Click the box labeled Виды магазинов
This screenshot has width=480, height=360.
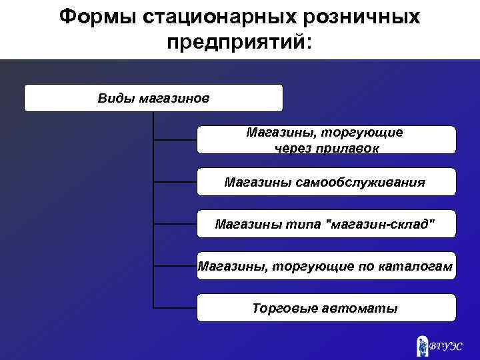click(153, 98)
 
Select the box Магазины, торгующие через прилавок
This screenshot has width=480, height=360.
click(326, 140)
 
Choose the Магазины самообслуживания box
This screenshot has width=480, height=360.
click(326, 181)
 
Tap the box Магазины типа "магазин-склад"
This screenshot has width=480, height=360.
click(326, 224)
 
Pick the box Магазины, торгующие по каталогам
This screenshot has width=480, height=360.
click(326, 266)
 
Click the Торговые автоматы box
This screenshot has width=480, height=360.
click(326, 308)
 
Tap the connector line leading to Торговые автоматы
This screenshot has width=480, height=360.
click(175, 308)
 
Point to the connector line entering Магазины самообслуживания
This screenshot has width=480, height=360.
click(175, 181)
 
